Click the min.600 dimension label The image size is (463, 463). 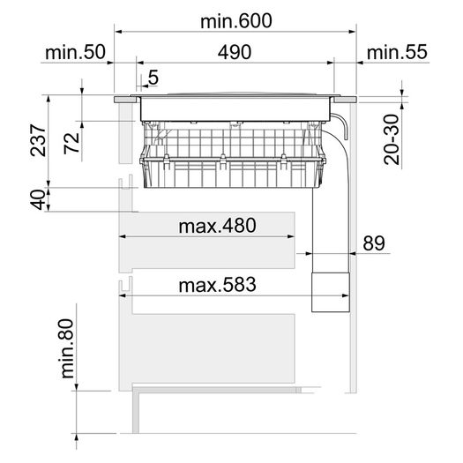tap(236, 21)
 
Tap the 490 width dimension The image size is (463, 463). tap(235, 53)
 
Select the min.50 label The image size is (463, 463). tap(75, 52)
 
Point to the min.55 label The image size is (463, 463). tap(397, 52)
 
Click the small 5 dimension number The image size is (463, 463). tap(153, 78)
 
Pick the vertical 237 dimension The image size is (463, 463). tap(39, 140)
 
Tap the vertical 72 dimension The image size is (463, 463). tap(72, 143)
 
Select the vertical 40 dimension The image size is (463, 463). tap(38, 199)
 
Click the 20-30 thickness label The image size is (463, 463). tap(392, 139)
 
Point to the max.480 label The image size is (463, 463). tap(217, 226)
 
